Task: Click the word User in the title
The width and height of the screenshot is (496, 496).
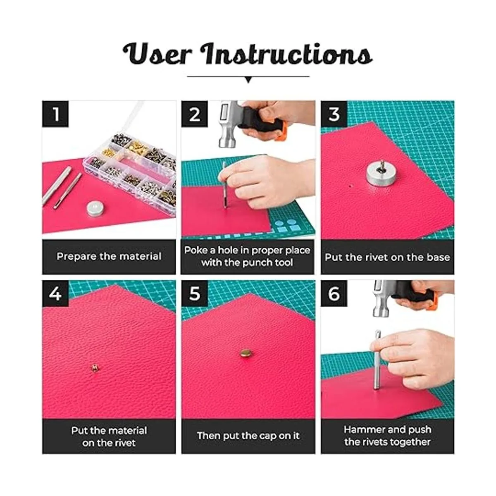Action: pos(157,54)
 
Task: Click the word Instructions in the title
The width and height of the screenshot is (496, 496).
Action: pos(288,54)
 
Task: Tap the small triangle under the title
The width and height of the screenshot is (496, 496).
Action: pos(248,80)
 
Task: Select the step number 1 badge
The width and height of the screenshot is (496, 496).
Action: pos(55,114)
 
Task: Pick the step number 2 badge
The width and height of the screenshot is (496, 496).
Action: pos(194,114)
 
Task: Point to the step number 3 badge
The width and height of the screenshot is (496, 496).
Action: pos(334,114)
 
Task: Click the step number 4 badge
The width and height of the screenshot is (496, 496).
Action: pos(55,293)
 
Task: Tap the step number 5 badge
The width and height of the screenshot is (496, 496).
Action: pos(194,293)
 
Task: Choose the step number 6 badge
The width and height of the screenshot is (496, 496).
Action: pos(334,293)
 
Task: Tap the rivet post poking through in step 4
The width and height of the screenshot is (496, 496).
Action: pos(95,368)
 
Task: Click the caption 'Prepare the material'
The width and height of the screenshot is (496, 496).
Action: pos(109,257)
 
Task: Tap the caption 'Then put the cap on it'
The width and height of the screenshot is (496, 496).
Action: pos(248,436)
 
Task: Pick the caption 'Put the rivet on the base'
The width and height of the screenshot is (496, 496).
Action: pos(387,257)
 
